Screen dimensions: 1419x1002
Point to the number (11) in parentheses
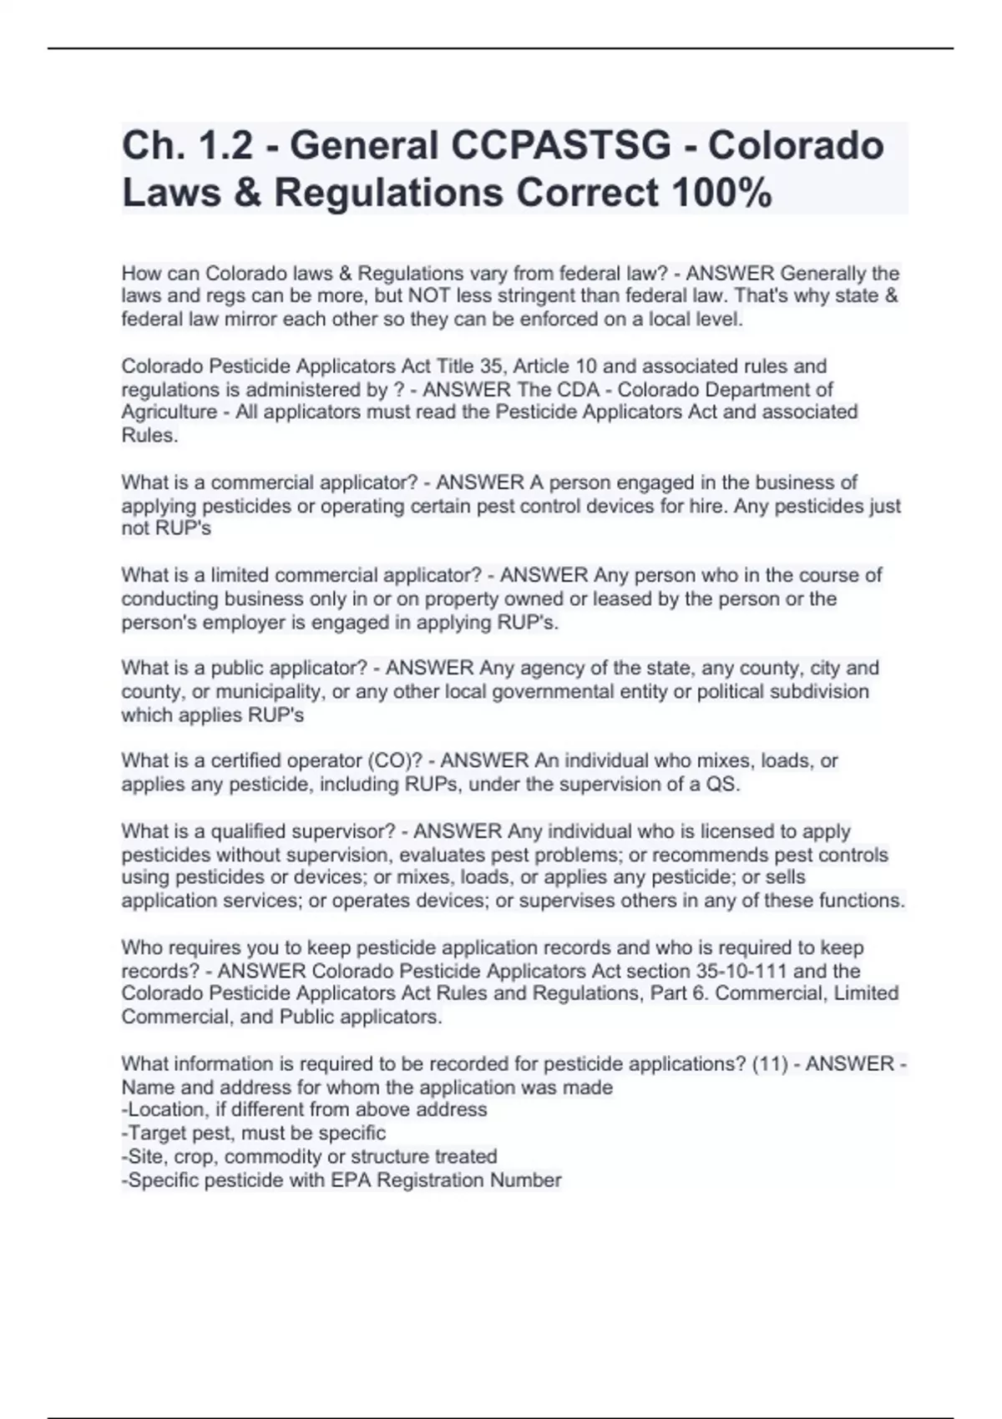[x=770, y=1064]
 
